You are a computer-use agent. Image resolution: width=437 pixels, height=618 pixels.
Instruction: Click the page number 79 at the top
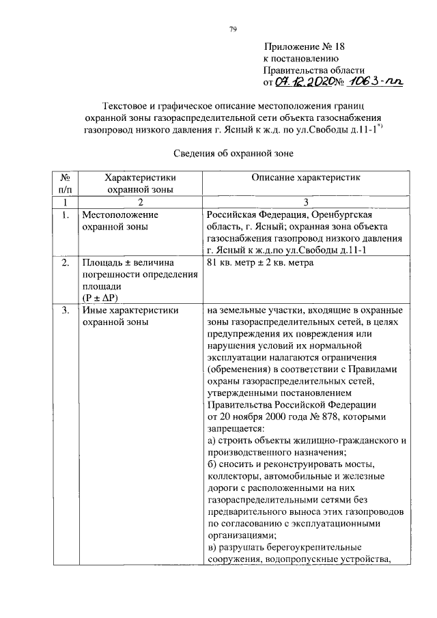[x=232, y=29]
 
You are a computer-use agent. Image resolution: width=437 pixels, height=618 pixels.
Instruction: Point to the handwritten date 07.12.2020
[x=303, y=82]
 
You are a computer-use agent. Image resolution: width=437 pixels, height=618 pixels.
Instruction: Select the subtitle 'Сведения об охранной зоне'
[x=233, y=154]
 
